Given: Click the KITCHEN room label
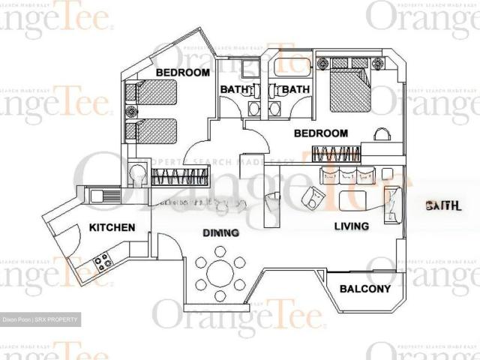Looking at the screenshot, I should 112,227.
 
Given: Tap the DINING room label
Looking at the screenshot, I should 220,233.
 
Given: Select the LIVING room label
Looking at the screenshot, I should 351,226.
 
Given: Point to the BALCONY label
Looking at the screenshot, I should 365,289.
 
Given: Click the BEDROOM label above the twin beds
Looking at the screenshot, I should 182,73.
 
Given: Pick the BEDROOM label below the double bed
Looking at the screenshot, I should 320,133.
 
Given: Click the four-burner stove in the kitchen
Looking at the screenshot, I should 101,262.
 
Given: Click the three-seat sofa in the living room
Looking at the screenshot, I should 346,176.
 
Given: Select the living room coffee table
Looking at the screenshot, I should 355,201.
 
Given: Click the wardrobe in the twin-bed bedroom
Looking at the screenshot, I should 179,178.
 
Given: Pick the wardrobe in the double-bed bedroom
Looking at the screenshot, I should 336,154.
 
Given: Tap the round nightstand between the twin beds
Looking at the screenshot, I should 132,112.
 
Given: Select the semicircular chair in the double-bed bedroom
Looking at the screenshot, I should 382,134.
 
